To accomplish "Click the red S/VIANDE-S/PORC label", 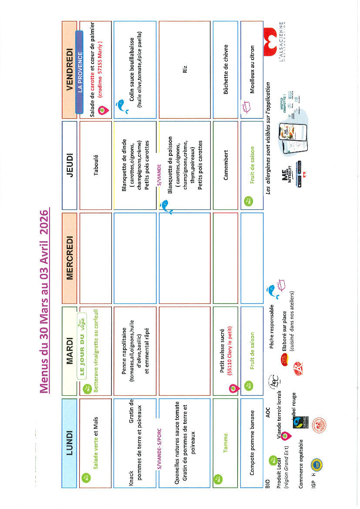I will tap(159, 440).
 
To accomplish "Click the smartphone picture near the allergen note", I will tap(289, 131).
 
